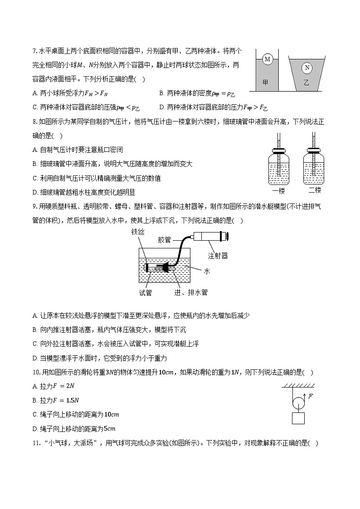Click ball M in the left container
point(267,59)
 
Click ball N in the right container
point(307,68)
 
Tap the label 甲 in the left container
point(266,82)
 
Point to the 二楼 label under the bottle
point(315,190)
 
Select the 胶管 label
point(165,240)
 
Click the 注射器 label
point(218,256)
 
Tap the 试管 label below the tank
point(146,292)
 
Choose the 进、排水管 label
point(191,292)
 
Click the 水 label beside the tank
point(207,271)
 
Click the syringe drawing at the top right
point(209,236)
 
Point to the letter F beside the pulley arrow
point(310,396)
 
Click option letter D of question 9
point(35,358)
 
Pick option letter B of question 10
point(35,400)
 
